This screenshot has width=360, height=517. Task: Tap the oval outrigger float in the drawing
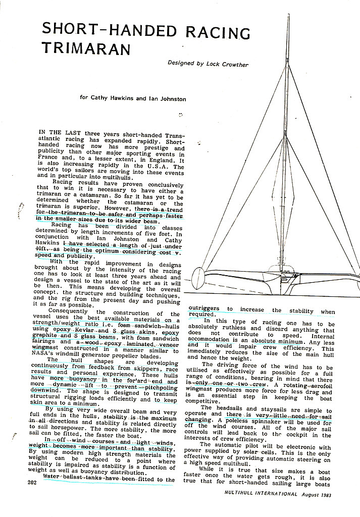pos(198,278)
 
